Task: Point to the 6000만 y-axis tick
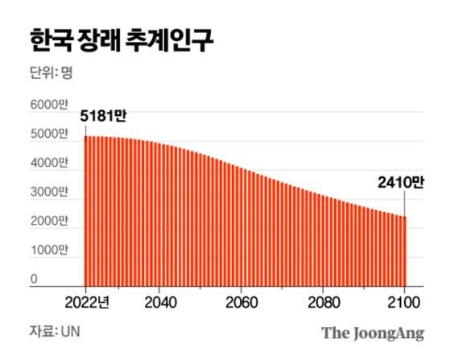tap(49, 106)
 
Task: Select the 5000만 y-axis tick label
tap(49, 134)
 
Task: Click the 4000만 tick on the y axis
tap(49, 163)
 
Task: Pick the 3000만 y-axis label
tap(49, 192)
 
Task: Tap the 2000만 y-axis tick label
tap(49, 221)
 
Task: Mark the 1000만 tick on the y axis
tap(48, 250)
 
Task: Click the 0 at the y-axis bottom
tap(35, 279)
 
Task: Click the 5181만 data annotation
tap(104, 118)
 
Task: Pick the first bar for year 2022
tap(86, 209)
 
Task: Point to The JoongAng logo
tap(372, 332)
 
